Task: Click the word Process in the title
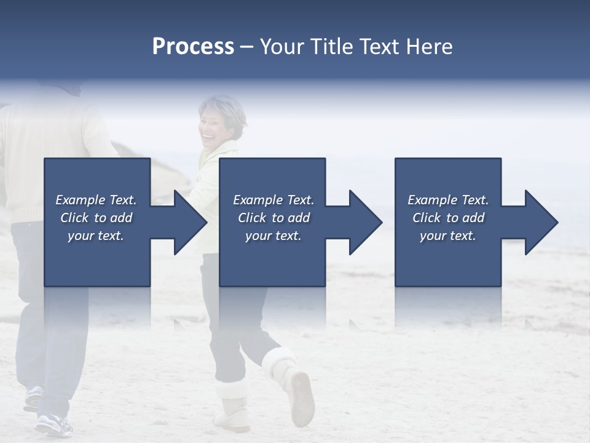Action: [193, 47]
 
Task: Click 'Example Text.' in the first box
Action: [96, 200]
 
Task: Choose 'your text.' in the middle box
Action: [273, 236]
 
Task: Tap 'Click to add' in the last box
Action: [448, 218]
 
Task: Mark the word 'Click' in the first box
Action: [75, 218]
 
